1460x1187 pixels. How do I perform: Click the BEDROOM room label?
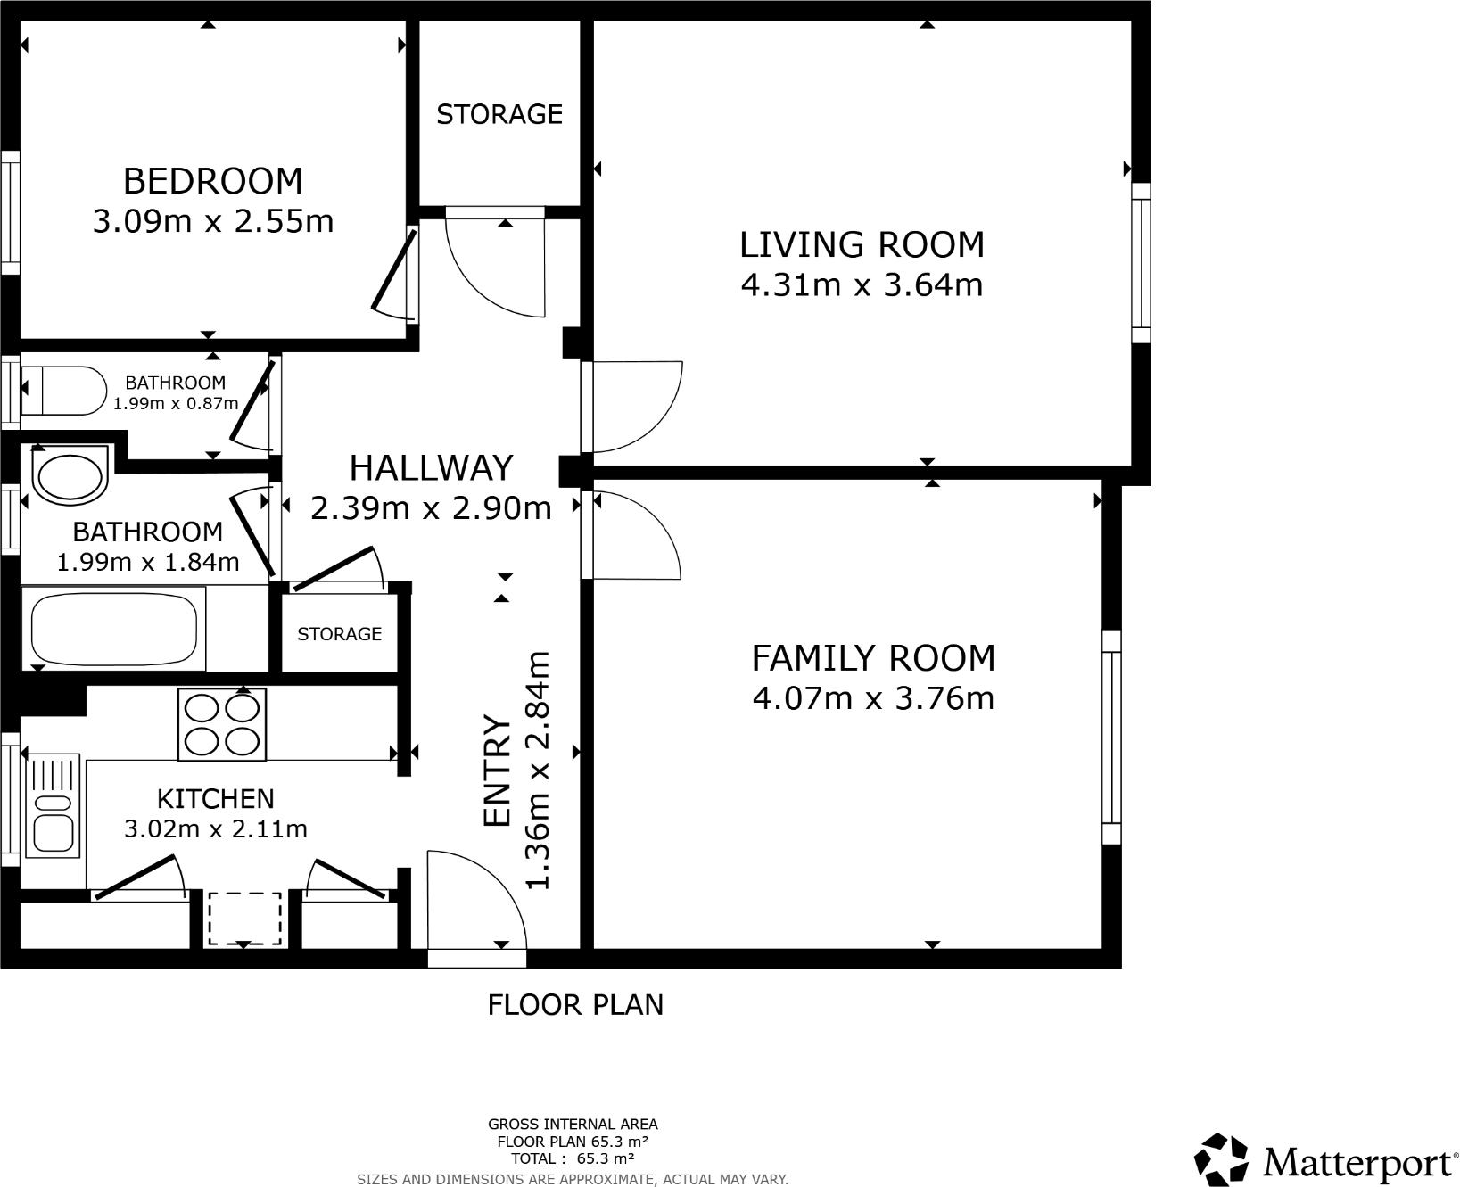[x=212, y=181]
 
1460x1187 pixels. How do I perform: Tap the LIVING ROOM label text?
[x=862, y=244]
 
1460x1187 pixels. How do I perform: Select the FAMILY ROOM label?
[x=873, y=658]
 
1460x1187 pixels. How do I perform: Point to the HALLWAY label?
[x=431, y=468]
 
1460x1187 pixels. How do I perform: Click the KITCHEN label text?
[x=216, y=798]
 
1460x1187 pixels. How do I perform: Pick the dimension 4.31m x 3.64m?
[x=862, y=285]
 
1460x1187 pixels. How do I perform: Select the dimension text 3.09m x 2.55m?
[x=213, y=221]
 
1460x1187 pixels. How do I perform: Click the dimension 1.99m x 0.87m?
[x=175, y=403]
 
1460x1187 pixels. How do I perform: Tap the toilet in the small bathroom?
[x=63, y=391]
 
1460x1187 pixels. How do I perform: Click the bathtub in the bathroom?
[x=114, y=629]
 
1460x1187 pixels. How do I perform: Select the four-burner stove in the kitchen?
[x=222, y=726]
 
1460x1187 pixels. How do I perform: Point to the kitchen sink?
[x=53, y=807]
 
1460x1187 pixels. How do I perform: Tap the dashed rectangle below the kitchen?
[x=244, y=919]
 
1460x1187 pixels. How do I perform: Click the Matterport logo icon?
[x=1221, y=1160]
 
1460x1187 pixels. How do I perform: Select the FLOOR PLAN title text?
[x=575, y=1005]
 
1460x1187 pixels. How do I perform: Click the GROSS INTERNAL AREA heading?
[x=573, y=1125]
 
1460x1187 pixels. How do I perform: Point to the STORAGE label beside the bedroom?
[x=499, y=114]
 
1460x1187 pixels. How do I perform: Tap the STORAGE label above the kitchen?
[x=339, y=634]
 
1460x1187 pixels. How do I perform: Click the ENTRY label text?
[x=497, y=771]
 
